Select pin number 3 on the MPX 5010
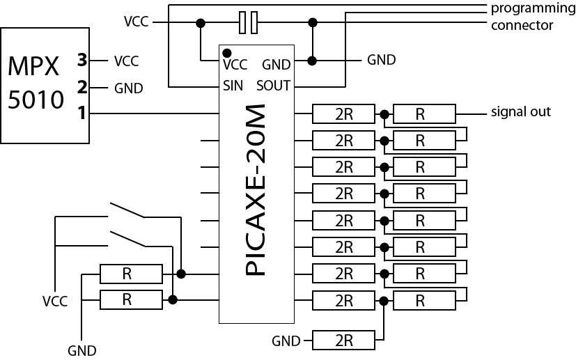tap(81, 61)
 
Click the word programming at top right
tap(531, 8)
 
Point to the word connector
tap(522, 25)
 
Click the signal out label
tap(520, 111)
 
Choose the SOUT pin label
tap(274, 86)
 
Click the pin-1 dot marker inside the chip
tap(226, 52)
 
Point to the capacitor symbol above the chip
tap(247, 23)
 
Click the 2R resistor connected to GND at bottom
tap(344, 341)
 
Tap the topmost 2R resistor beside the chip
tap(344, 114)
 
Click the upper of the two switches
tap(127, 210)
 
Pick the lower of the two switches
tap(127, 237)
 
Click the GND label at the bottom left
tap(82, 350)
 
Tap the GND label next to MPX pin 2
tap(128, 88)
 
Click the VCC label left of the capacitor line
tap(137, 22)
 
